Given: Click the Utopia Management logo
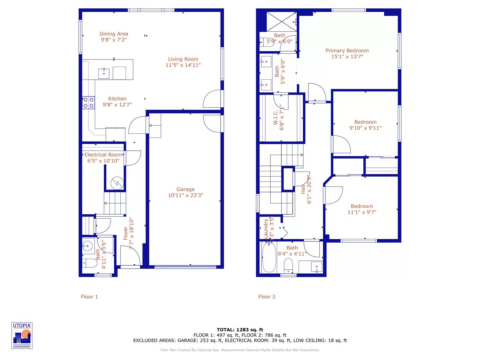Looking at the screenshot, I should tap(22, 335).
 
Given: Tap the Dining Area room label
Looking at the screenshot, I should tap(114, 34).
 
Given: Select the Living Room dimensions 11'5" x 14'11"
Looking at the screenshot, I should tap(183, 65).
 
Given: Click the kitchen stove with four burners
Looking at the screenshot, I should tap(89, 102).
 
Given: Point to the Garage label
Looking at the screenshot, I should tap(186, 189).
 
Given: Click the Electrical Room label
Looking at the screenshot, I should tap(103, 155).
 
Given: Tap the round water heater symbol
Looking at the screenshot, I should tap(117, 183).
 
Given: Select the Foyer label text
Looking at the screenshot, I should tap(126, 233).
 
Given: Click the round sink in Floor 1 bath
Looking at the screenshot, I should tap(88, 246).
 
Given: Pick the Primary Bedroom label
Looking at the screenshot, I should tap(347, 51).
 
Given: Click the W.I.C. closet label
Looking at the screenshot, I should tap(276, 117).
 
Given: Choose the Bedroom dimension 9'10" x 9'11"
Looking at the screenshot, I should tap(365, 128).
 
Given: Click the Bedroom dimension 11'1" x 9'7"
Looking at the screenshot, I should tap(362, 212).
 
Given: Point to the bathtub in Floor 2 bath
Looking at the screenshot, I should tap(269, 258).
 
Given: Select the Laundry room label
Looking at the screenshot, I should tap(266, 228).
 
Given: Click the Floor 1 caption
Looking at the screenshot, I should tap(89, 297).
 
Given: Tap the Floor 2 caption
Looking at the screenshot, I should tap(267, 297).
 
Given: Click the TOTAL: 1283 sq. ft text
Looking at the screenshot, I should tap(240, 330).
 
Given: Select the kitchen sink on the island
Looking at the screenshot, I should tap(104, 73).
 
